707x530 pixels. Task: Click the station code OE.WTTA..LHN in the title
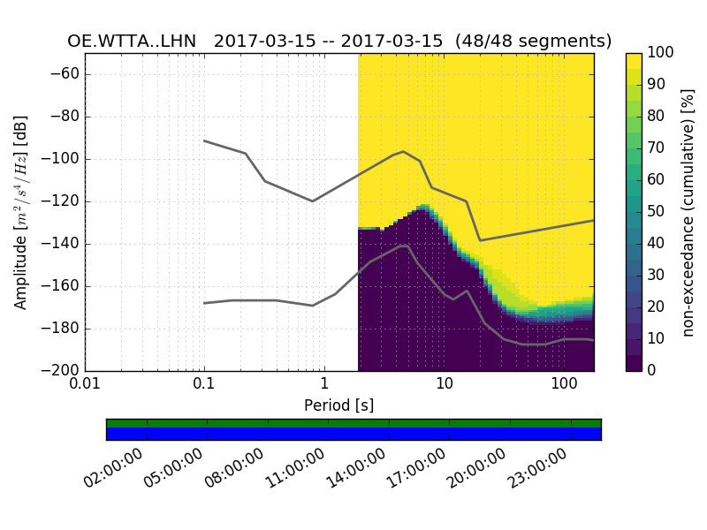click(132, 42)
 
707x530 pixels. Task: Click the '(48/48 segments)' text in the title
click(542, 42)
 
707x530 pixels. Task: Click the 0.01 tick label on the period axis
click(85, 386)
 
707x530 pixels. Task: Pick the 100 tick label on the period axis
click(563, 386)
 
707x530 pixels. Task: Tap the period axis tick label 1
click(324, 386)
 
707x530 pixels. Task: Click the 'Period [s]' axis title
click(339, 405)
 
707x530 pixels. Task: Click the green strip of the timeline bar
click(353, 423)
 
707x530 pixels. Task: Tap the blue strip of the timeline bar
click(353, 434)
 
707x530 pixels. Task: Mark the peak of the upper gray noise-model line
click(404, 151)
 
